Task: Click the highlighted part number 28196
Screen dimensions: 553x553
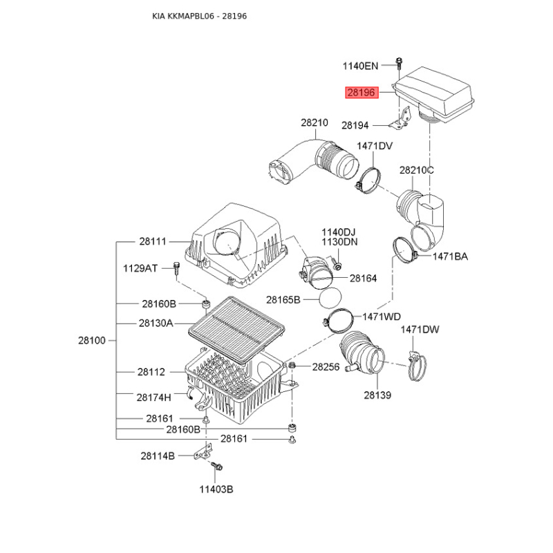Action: click(x=362, y=93)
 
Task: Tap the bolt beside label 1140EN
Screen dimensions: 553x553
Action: click(x=399, y=64)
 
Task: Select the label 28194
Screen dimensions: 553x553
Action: click(x=355, y=125)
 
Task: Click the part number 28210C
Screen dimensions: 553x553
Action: click(x=417, y=170)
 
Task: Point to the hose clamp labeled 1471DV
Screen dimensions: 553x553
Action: click(x=369, y=180)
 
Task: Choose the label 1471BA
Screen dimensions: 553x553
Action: click(x=450, y=256)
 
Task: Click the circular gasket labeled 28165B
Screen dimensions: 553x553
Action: click(x=330, y=299)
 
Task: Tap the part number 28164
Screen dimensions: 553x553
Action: click(x=363, y=279)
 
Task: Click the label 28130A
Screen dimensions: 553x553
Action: click(x=156, y=323)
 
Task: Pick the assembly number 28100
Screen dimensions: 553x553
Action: click(x=92, y=340)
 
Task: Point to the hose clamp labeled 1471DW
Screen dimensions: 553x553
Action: click(x=417, y=367)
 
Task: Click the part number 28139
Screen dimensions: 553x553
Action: click(x=377, y=395)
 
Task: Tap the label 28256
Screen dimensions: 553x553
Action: click(x=326, y=367)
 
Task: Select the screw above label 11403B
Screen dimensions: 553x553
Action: click(x=216, y=466)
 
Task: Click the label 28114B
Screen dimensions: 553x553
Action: click(x=158, y=456)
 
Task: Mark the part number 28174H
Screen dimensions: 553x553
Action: click(x=153, y=397)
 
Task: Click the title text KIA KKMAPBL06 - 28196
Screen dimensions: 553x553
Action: click(x=199, y=16)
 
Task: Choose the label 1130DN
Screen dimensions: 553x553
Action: click(x=339, y=242)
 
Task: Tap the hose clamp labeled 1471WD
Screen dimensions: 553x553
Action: click(x=337, y=320)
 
